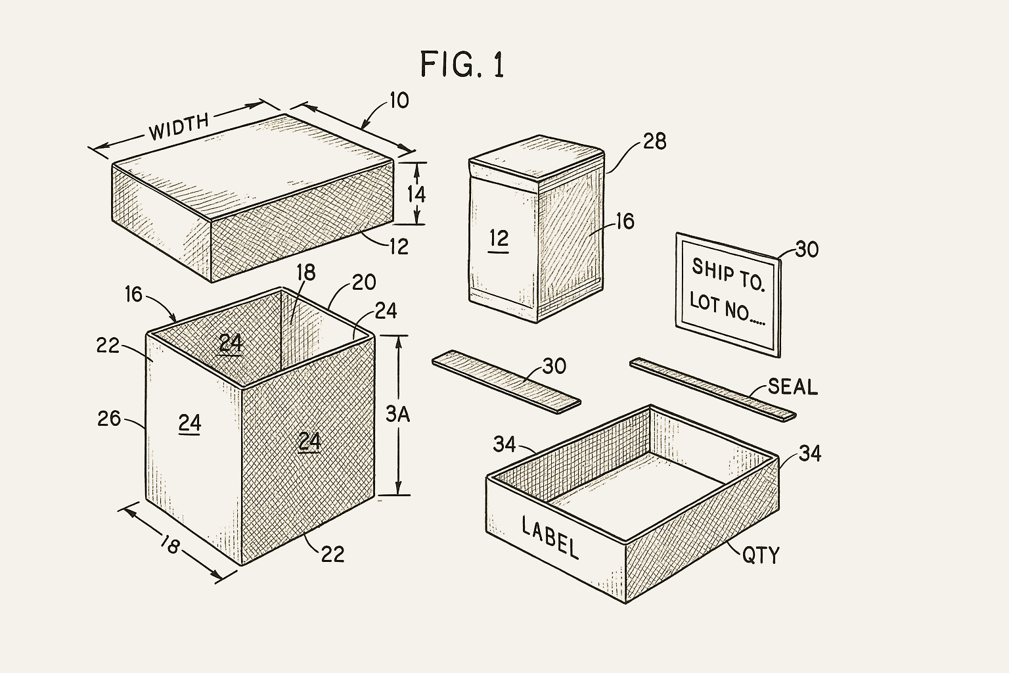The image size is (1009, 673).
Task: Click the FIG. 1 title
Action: click(462, 64)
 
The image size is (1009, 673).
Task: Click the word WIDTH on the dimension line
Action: click(179, 127)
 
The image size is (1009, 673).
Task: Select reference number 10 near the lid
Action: click(399, 101)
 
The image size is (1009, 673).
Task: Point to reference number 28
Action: click(654, 141)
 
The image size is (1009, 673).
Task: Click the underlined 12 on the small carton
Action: click(499, 239)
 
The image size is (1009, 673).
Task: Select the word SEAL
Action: click(792, 386)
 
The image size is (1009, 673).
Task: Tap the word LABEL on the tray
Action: click(550, 538)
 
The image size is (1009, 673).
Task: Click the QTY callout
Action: click(761, 555)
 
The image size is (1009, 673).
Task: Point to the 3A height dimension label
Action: click(397, 414)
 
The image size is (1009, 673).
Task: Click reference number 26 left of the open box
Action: click(109, 418)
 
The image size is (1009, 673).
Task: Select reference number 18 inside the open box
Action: click(305, 272)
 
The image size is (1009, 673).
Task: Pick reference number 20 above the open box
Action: click(363, 282)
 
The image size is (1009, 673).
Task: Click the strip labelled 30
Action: click(506, 381)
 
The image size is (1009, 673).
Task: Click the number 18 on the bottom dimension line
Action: click(169, 544)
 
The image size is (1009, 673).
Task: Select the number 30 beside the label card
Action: click(807, 249)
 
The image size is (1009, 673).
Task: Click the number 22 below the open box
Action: click(332, 555)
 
